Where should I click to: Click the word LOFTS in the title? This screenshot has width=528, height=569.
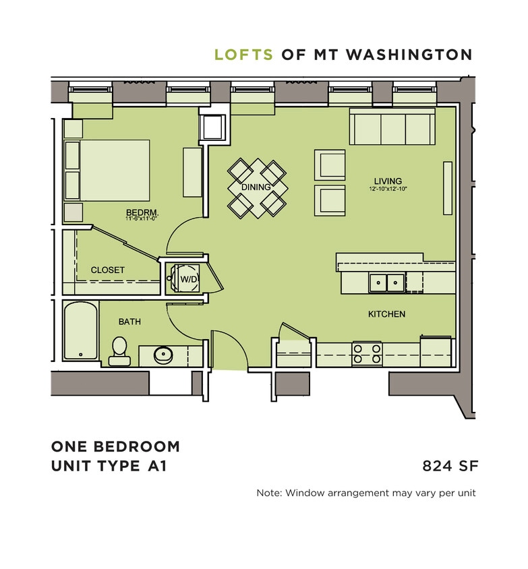pos(243,55)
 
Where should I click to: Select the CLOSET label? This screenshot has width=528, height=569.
pos(108,270)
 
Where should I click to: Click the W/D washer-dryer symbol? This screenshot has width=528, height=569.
pos(184,277)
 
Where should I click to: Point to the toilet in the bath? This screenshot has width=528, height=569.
pos(120,351)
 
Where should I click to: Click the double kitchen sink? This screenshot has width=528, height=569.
pos(386,282)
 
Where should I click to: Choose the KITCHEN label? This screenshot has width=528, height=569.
pos(386,314)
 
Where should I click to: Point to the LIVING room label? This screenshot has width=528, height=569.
pos(388,181)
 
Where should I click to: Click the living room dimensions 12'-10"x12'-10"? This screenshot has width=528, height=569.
pos(388,189)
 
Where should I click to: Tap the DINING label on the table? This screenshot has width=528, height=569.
pos(256,187)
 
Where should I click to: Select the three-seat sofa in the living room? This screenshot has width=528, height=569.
pos(390,127)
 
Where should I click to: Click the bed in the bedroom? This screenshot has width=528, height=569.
pos(108,170)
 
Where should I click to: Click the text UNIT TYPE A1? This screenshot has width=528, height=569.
pos(108,465)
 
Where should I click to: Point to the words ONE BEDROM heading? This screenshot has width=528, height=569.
pos(115,446)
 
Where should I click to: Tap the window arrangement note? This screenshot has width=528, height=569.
pos(366,493)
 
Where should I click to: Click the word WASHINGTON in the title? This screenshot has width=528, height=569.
pos(409,55)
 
